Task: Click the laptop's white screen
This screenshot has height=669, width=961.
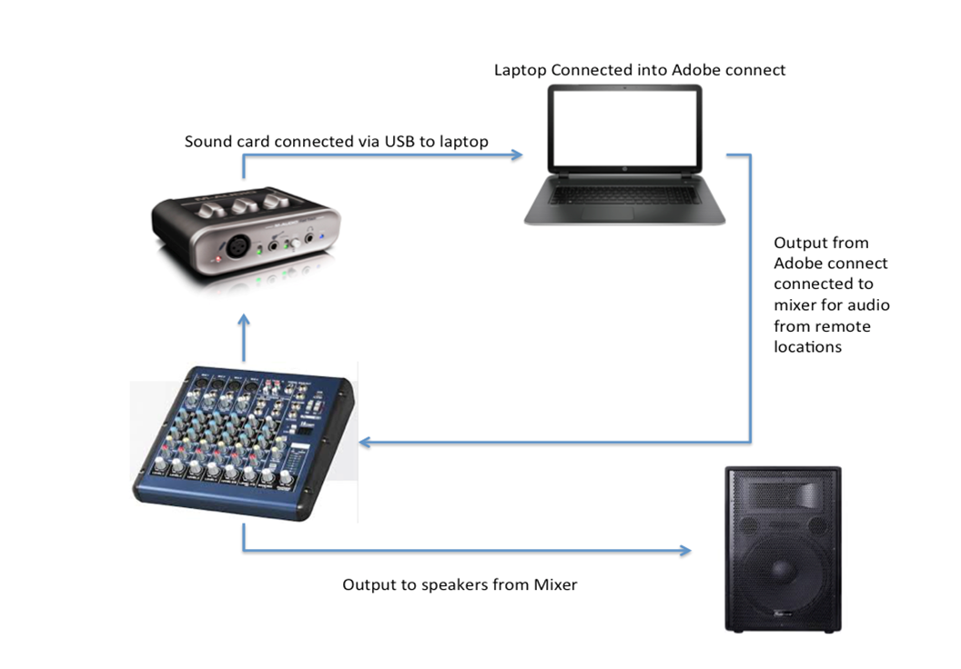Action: (x=624, y=126)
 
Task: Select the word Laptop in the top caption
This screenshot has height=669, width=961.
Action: (x=521, y=70)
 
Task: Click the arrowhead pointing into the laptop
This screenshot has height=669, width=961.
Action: (x=517, y=155)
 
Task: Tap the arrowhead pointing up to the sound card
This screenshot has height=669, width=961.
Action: (x=243, y=321)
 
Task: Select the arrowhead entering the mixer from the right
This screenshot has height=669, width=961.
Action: (x=365, y=443)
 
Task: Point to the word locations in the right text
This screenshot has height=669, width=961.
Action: (x=807, y=347)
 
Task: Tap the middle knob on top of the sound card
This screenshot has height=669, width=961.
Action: (x=239, y=205)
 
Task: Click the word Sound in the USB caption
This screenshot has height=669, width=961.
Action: (x=207, y=142)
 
